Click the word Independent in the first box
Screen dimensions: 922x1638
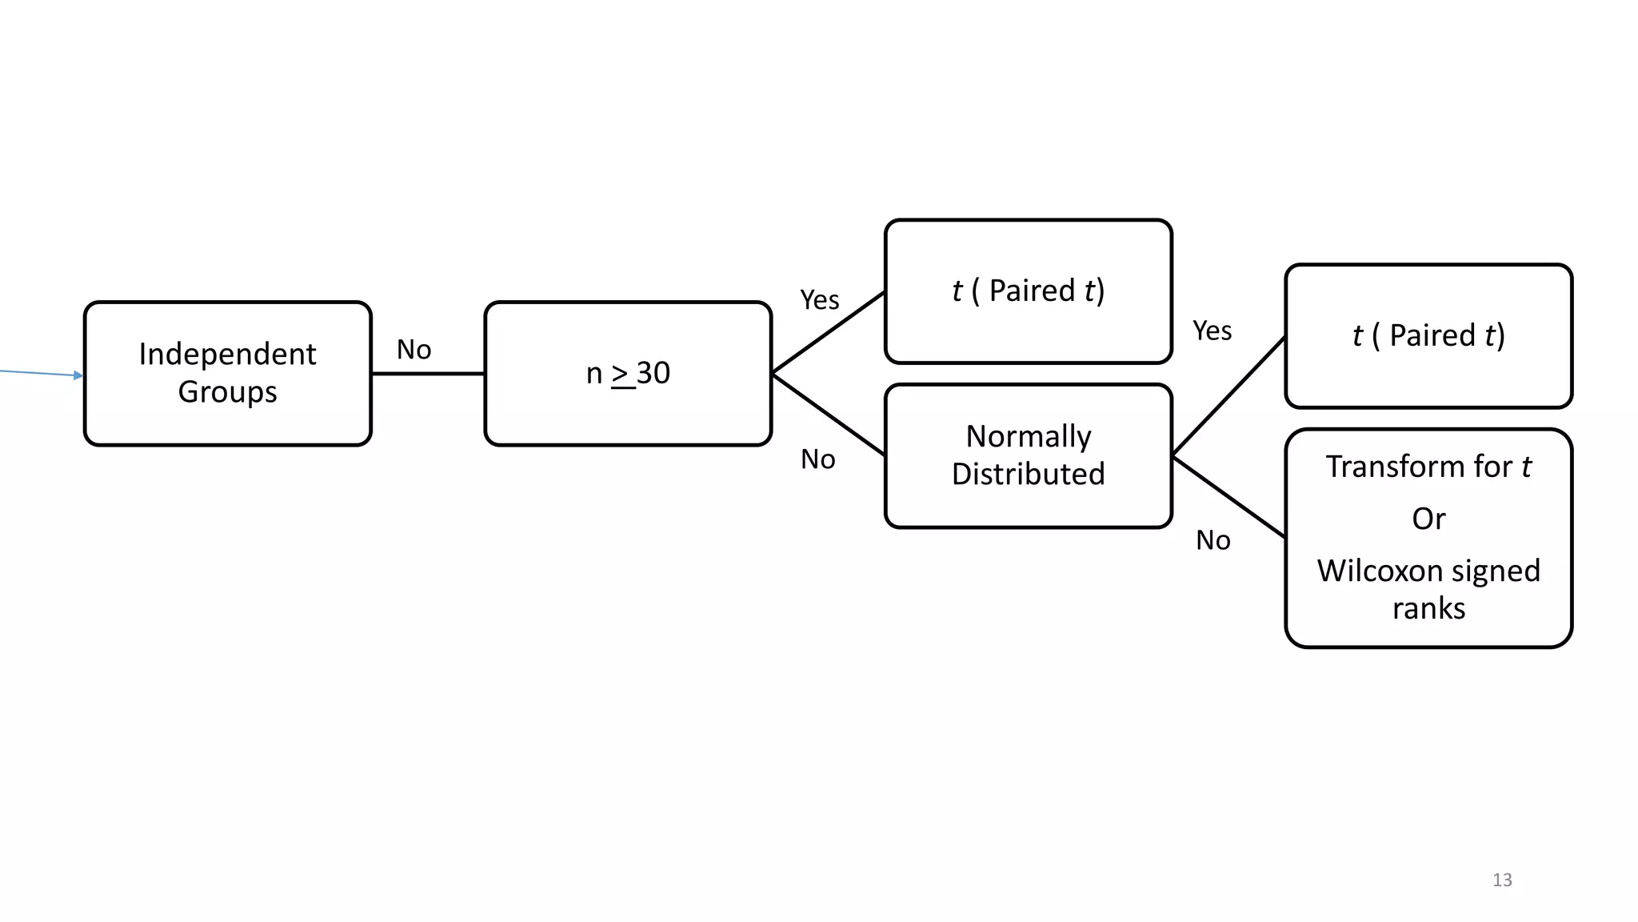[227, 354]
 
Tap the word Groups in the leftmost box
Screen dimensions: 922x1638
[227, 392]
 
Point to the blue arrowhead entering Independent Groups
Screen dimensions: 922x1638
[78, 375]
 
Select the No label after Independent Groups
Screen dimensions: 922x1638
[413, 350]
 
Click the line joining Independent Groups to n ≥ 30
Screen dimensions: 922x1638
[428, 374]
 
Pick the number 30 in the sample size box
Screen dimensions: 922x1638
[653, 373]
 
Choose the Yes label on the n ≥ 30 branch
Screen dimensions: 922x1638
[820, 300]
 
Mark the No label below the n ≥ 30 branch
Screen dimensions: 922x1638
[818, 459]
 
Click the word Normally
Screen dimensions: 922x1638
[1029, 436]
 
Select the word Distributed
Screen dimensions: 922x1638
[1029, 474]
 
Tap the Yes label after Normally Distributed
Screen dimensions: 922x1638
[1212, 331]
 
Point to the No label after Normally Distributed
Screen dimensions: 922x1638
[1213, 540]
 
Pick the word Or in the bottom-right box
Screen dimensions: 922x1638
[1428, 519]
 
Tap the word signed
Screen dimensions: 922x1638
[1495, 571]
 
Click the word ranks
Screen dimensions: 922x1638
[1428, 609]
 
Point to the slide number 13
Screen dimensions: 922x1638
[1502, 880]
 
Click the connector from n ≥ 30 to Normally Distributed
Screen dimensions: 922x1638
[829, 415]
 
